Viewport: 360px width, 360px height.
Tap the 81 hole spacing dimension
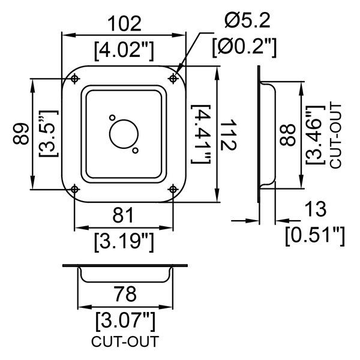pos(123,215)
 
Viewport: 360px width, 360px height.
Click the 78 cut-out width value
pos(124,294)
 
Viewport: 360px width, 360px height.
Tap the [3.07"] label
pos(125,319)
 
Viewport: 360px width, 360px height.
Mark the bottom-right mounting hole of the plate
pos(173,189)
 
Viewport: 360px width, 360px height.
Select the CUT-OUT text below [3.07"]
pos(125,343)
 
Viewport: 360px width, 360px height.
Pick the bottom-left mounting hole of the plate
pos(74,189)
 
